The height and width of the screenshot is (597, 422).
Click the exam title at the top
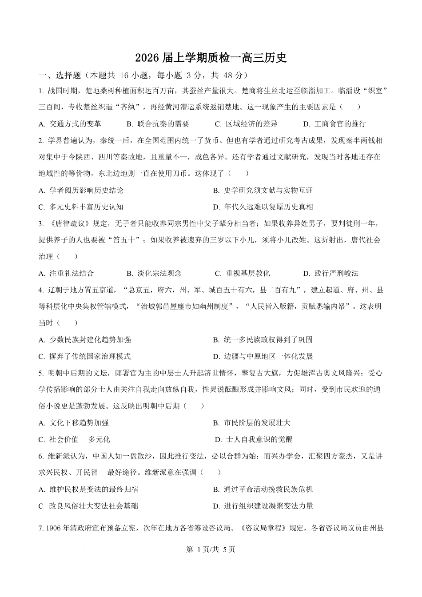point(211,58)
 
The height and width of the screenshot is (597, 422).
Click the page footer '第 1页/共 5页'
point(211,549)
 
